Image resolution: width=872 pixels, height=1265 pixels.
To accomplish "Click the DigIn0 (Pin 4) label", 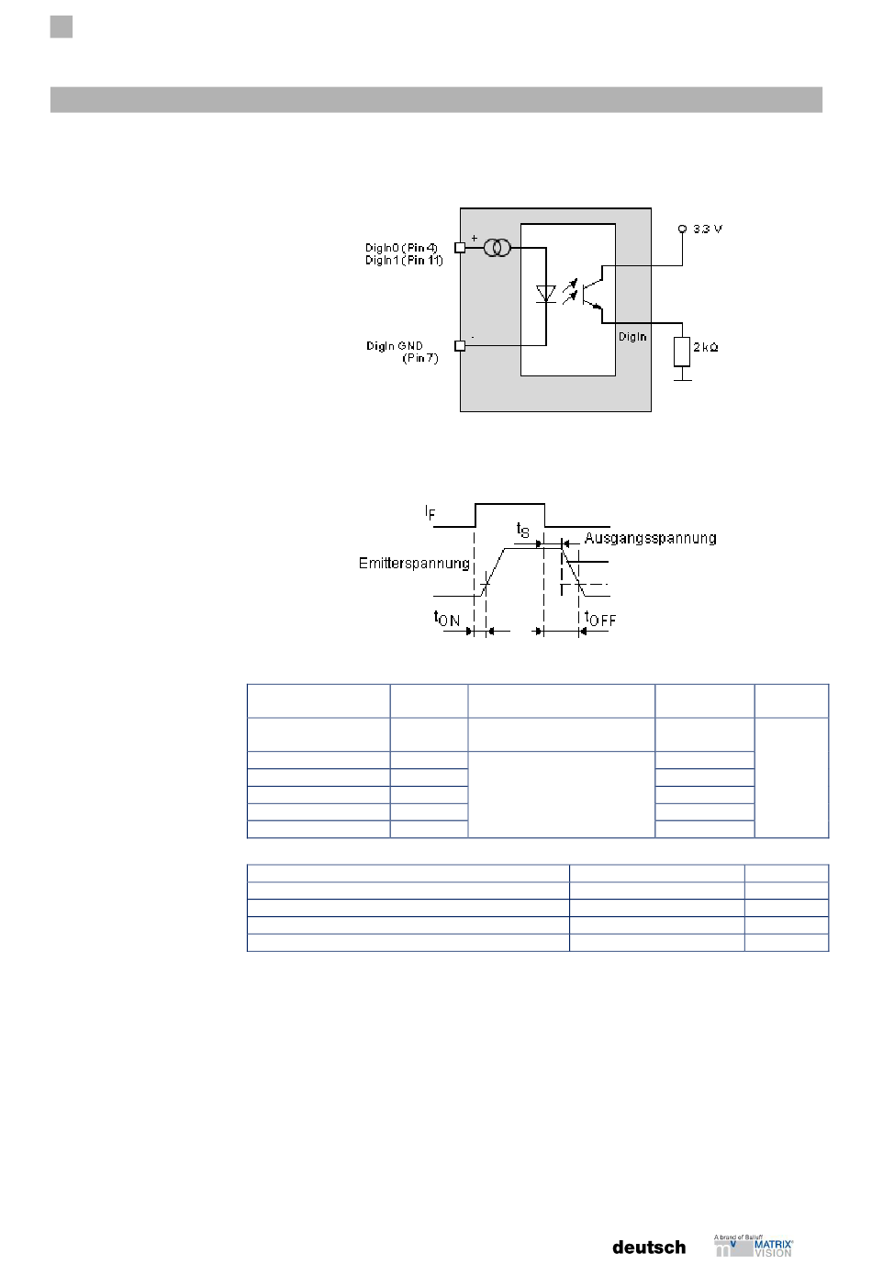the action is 401,248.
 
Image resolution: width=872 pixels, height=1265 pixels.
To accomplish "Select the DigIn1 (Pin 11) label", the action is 404,261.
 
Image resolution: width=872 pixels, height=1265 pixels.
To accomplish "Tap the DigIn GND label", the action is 394,345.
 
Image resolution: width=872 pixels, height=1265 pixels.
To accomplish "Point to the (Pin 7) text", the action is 420,358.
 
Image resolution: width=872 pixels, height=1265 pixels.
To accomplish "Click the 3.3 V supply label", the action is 708,229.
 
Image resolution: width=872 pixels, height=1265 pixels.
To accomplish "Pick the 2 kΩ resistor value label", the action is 705,347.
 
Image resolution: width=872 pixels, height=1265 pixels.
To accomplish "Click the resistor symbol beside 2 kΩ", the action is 682,352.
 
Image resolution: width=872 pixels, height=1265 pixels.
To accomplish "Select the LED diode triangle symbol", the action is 546,294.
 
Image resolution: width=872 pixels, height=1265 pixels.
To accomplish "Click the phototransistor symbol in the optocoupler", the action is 593,294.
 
